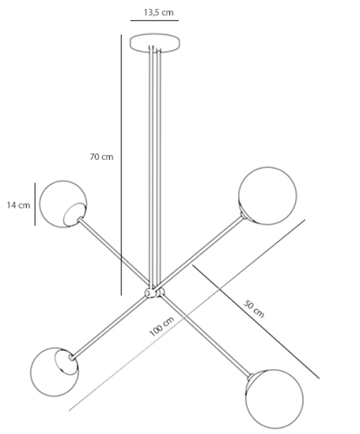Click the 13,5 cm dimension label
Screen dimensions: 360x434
pyautogui.click(x=158, y=13)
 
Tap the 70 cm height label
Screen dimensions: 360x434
pyautogui.click(x=101, y=157)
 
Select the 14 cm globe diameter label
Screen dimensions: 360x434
pyautogui.click(x=19, y=205)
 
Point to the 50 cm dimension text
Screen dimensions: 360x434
pyautogui.click(x=254, y=309)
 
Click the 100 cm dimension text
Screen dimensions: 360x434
pyautogui.click(x=162, y=326)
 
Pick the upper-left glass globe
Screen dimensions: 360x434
pyautogui.click(x=63, y=204)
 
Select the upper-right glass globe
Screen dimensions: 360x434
pyautogui.click(x=267, y=196)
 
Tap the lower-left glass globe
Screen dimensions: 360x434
pyautogui.click(x=54, y=372)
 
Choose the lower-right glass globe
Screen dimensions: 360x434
pyautogui.click(x=274, y=399)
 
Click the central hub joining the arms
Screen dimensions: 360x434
pyautogui.click(x=154, y=293)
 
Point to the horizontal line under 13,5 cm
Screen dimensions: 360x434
pyautogui.click(x=154, y=21)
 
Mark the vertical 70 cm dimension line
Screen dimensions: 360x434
pyautogui.click(x=121, y=165)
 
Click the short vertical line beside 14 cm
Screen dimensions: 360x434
pyautogui.click(x=35, y=204)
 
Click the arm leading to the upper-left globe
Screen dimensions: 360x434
pyautogui.click(x=114, y=252)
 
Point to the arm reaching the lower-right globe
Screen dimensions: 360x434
pyautogui.click(x=206, y=336)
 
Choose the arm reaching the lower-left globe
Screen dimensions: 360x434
pyautogui.click(x=108, y=327)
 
